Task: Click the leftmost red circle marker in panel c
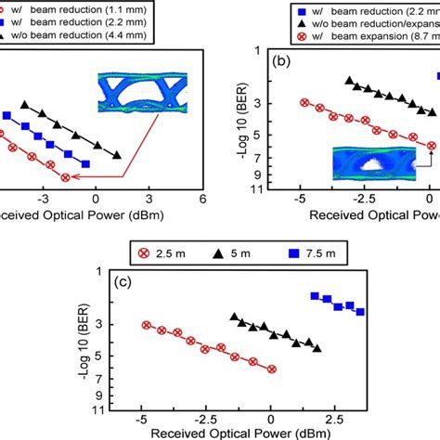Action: pos(146,325)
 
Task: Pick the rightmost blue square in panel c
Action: pos(360,311)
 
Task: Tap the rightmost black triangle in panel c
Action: pos(317,348)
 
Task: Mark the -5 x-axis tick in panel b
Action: pos(300,199)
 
